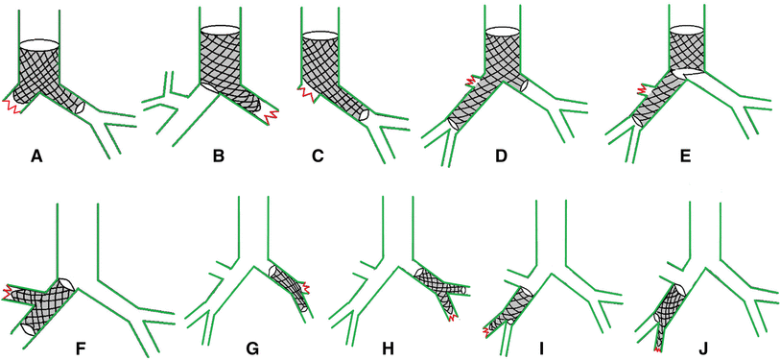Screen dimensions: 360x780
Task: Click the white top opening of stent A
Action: pyautogui.click(x=40, y=44)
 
